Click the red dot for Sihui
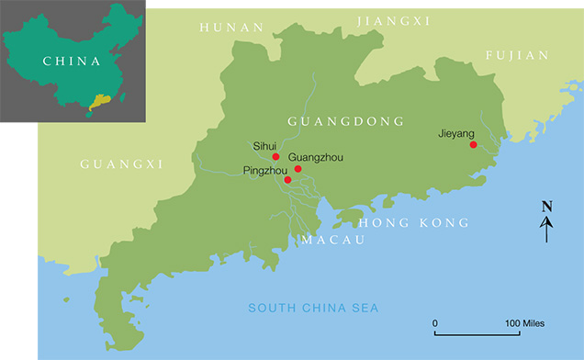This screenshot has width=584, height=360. coord(275,157)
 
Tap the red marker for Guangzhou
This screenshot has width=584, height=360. coord(298,169)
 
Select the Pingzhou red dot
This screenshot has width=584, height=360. coord(287,179)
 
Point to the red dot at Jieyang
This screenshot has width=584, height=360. coord(473,144)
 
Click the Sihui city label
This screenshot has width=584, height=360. coord(264,145)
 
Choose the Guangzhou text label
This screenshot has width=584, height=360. coord(316,158)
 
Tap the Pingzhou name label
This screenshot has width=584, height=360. coord(264,171)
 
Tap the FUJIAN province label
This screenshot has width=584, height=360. coord(519,56)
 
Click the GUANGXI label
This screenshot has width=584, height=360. coord(121,164)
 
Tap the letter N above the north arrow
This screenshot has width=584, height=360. coord(546,206)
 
